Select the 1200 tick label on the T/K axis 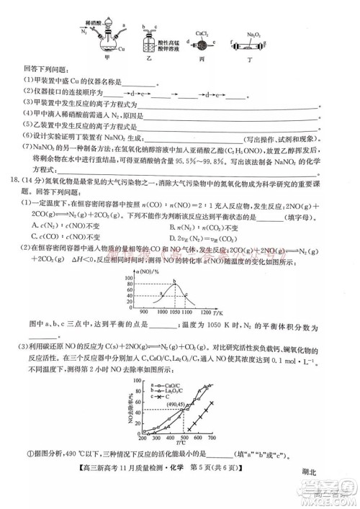(x=205, y=311)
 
